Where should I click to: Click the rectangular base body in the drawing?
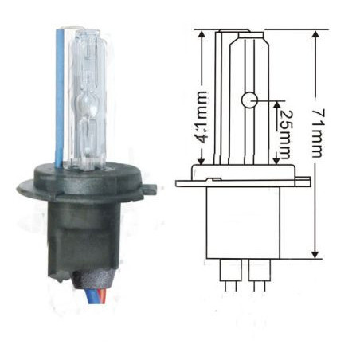pos(248,223)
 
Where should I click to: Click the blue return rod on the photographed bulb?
pos(59,96)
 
